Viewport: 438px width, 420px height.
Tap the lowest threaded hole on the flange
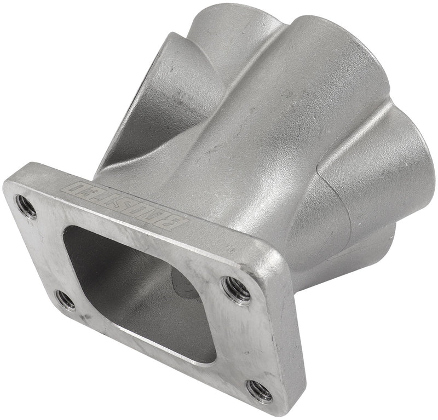259,390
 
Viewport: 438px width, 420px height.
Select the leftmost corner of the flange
5,186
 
